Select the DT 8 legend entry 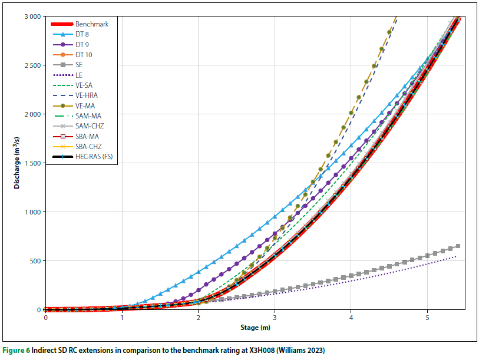[82, 34]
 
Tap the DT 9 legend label [82, 44]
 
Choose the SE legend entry [79, 65]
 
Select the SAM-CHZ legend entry [89, 125]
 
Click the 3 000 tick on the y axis [32, 16]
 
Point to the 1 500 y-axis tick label [32, 163]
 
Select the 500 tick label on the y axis [35, 261]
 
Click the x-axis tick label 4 [351, 318]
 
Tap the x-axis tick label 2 [198, 318]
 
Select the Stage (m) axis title [255, 328]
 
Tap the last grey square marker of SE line [458, 246]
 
